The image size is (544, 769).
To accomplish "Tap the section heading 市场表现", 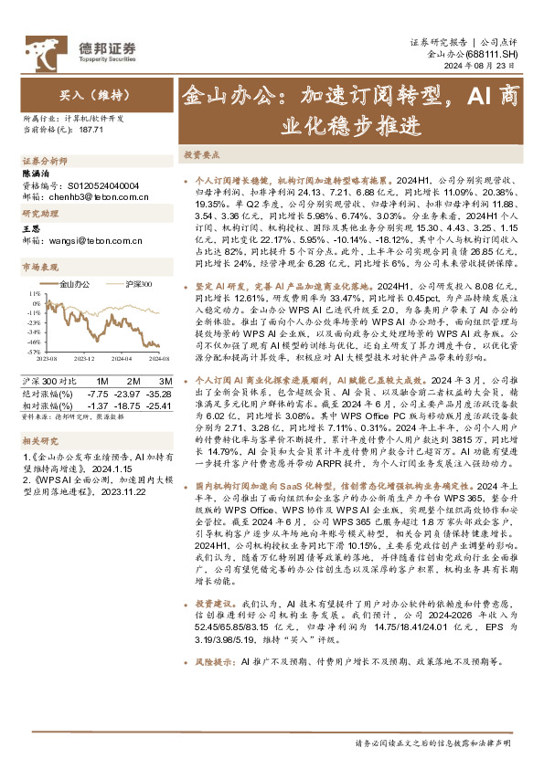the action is click(x=38, y=268).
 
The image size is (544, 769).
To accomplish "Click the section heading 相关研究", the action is click(x=38, y=440).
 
